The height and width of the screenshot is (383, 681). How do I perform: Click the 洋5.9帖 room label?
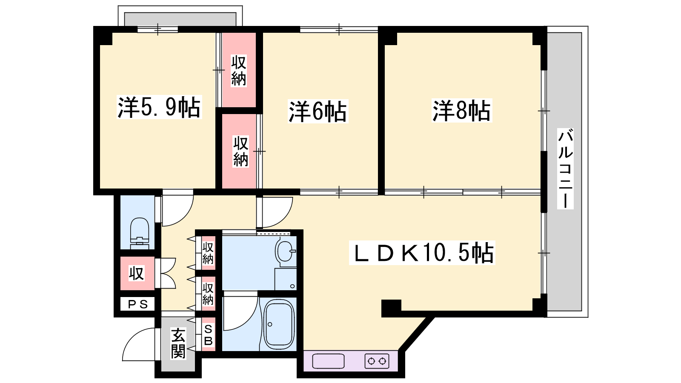[x=159, y=107]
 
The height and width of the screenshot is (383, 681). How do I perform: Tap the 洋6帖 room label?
[x=318, y=111]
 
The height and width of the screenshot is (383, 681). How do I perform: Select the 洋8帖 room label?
[x=461, y=111]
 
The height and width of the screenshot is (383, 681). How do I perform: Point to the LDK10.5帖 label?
[x=422, y=253]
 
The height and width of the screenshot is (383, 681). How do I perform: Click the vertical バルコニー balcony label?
[x=565, y=169]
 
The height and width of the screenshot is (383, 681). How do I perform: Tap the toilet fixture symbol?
[x=140, y=234]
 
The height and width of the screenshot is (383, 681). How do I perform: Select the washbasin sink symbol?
[x=286, y=251]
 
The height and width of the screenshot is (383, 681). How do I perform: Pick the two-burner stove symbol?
[x=377, y=361]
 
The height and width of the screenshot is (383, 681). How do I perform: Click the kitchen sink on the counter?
[x=328, y=361]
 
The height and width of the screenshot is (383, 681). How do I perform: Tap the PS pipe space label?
[x=138, y=304]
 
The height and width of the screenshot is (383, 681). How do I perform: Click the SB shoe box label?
[x=208, y=334]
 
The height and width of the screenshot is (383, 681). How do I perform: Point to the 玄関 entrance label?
[x=178, y=343]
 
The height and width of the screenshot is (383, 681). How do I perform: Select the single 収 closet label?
[x=137, y=273]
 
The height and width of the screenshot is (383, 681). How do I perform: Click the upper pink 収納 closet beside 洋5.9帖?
[x=239, y=71]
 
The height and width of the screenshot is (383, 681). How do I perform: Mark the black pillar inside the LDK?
[x=391, y=308]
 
